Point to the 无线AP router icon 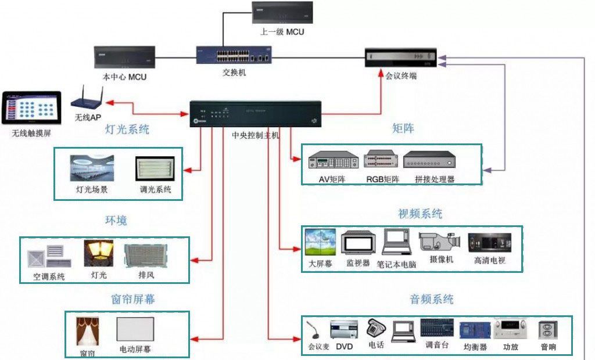coord(88,100)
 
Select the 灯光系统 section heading coord(127,129)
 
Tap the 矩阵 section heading coord(403,128)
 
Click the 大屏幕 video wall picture coord(320,243)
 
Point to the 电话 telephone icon coord(375,329)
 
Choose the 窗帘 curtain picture coord(87,332)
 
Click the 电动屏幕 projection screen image coord(135,330)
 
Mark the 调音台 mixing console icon coord(436,328)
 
